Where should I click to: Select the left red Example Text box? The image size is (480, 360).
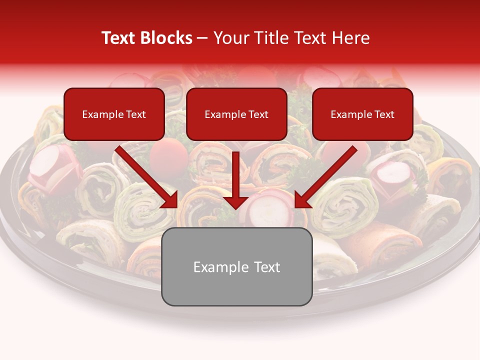click(x=114, y=114)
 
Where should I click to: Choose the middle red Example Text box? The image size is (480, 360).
click(x=236, y=114)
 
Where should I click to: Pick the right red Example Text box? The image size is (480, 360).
click(x=362, y=114)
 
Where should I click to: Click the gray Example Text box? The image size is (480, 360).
click(x=236, y=266)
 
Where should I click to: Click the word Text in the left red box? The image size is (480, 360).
click(x=136, y=114)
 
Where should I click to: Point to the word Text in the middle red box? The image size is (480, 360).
click(x=258, y=114)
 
